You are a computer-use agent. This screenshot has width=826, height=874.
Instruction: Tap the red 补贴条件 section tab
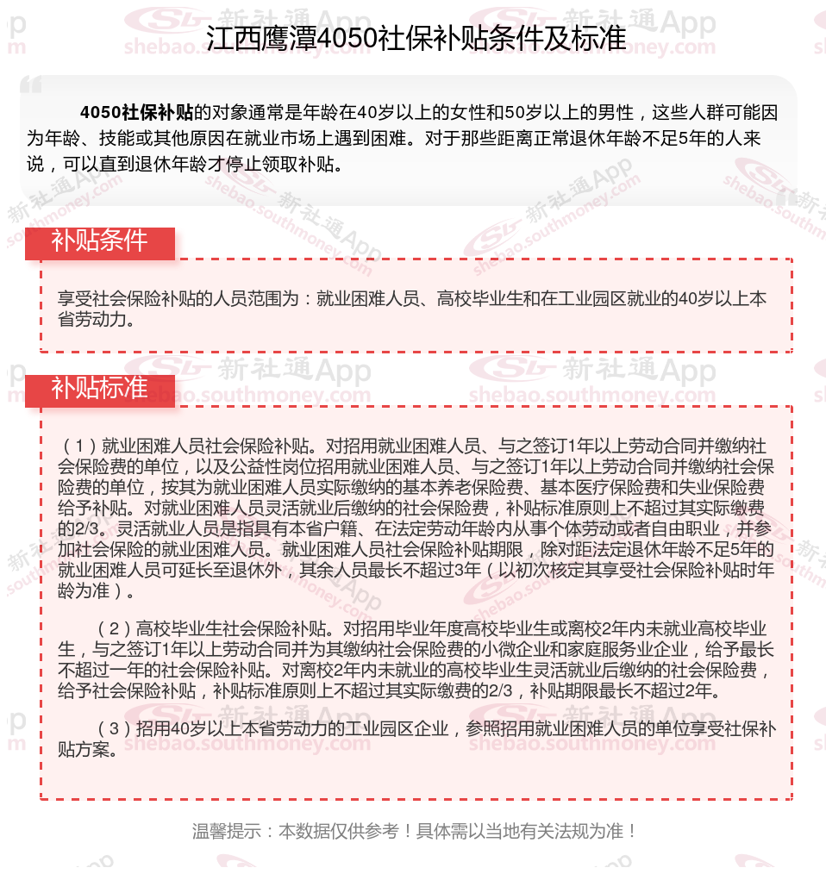[x=99, y=241]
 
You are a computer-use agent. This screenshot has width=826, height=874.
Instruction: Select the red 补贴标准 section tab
[x=99, y=389]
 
